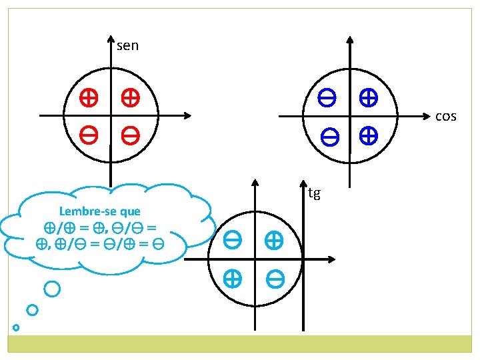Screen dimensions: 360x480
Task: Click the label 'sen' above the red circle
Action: [127, 46]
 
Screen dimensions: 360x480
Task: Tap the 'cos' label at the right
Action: [445, 117]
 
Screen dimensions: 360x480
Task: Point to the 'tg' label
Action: [314, 193]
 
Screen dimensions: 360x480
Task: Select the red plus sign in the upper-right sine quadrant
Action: [130, 99]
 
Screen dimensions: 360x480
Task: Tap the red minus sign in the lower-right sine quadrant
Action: [130, 137]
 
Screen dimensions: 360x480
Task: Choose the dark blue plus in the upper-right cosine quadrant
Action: [367, 99]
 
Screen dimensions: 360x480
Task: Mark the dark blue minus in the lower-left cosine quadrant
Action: [330, 138]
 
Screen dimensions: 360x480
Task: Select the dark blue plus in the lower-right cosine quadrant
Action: [367, 137]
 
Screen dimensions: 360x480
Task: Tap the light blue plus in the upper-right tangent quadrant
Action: [274, 240]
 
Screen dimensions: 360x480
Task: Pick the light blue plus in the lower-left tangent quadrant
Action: [233, 279]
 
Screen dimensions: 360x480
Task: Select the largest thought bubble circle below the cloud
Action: [52, 289]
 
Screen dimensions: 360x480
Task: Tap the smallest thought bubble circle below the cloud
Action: [16, 327]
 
